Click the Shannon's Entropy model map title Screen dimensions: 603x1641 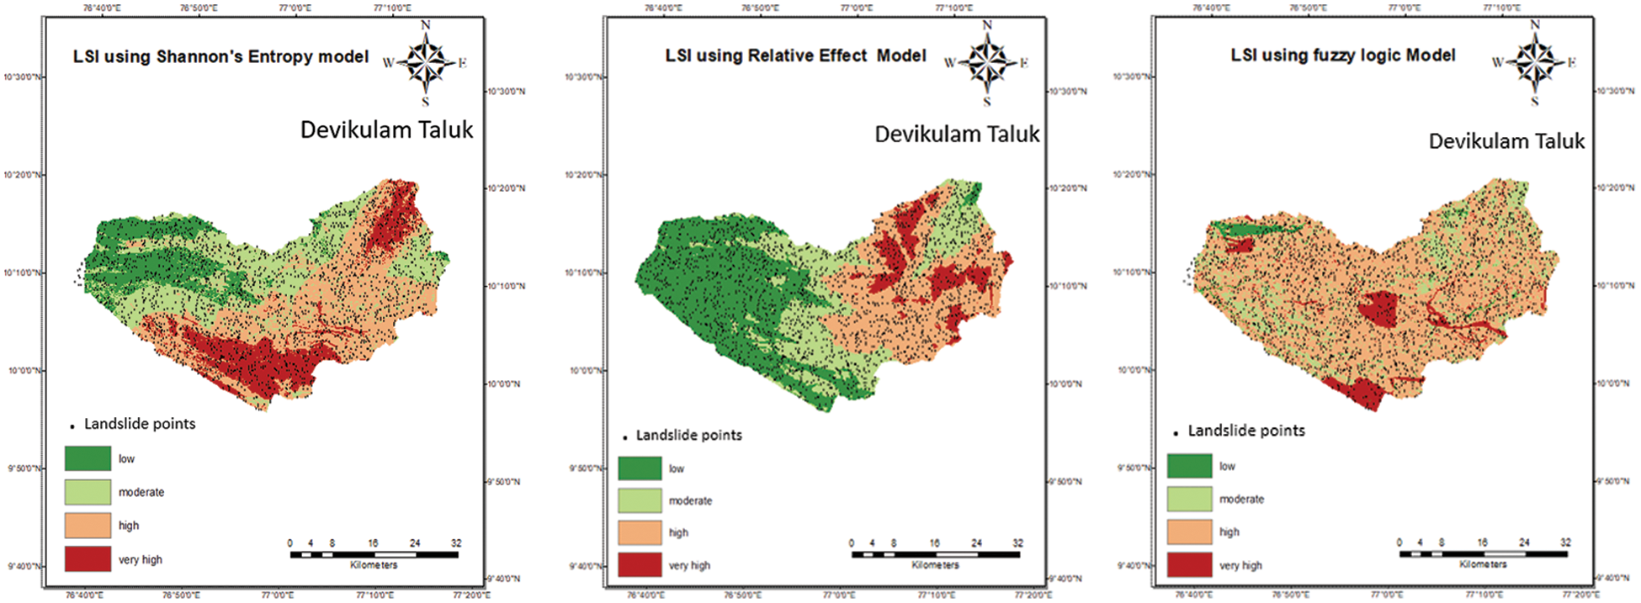tap(220, 57)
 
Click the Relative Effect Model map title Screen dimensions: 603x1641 tap(795, 56)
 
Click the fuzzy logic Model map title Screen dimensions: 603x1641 tap(1342, 56)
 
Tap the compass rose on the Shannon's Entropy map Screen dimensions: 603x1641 tap(426, 63)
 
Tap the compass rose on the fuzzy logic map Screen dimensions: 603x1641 tap(1535, 62)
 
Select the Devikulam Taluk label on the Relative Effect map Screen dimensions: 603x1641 tap(957, 135)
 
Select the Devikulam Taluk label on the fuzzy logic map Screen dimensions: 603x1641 tap(1506, 141)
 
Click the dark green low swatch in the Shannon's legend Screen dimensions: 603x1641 tap(88, 458)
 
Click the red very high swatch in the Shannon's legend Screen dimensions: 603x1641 tap(88, 559)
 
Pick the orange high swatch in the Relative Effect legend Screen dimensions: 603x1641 tap(640, 532)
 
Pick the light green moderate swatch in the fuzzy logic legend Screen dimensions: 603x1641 tap(1189, 499)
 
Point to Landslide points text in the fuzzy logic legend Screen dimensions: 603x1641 tap(1245, 431)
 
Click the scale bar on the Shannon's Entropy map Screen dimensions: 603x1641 tap(374, 554)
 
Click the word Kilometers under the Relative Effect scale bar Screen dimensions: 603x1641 tap(935, 565)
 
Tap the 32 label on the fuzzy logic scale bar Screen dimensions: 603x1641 tap(1565, 542)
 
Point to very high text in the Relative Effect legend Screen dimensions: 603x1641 tap(689, 565)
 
